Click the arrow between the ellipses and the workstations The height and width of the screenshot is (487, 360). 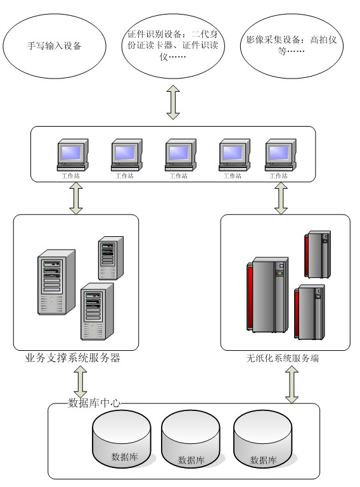tap(173, 102)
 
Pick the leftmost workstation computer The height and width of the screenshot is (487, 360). tap(73, 155)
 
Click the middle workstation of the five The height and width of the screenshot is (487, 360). tap(181, 155)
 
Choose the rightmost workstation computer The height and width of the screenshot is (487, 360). tap(281, 155)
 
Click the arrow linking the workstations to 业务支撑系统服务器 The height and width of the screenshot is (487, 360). tap(76, 198)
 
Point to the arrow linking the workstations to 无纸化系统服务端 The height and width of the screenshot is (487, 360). tap(281, 198)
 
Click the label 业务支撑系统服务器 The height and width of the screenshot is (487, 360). tap(72, 358)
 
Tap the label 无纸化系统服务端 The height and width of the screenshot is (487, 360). tap(282, 358)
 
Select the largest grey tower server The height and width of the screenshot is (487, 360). tap(56, 282)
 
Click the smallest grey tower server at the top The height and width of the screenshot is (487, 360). tap(111, 258)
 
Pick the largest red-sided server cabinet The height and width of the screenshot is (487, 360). tap(267, 294)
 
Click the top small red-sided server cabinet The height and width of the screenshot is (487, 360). tap(318, 255)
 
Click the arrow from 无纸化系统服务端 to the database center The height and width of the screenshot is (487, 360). tap(292, 384)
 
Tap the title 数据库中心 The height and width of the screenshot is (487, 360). tap(94, 403)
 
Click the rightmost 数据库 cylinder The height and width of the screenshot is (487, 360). tap(263, 440)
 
